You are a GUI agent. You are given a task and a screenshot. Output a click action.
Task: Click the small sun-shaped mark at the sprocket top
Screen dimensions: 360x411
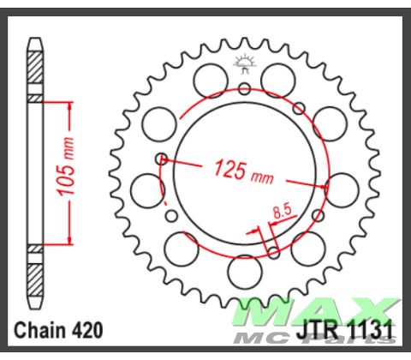pyautogui.click(x=244, y=61)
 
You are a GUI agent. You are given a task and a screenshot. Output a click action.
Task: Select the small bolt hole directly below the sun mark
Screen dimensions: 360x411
pyautogui.click(x=244, y=88)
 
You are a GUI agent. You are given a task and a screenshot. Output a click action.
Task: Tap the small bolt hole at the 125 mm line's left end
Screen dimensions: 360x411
pyautogui.click(x=161, y=158)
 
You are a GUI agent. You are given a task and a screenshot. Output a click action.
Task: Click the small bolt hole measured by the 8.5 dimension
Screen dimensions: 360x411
pyautogui.click(x=273, y=252)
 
